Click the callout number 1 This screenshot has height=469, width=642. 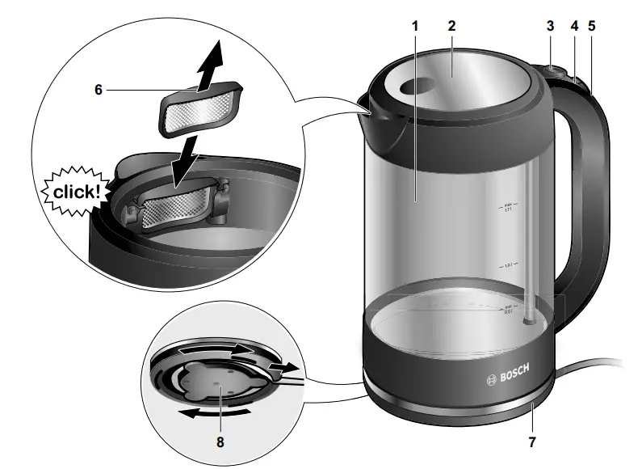click(x=415, y=25)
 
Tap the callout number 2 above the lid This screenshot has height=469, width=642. click(x=452, y=25)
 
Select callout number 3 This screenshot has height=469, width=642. click(x=550, y=25)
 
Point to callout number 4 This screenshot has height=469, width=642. click(x=574, y=25)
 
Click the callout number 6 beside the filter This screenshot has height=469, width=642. click(x=99, y=90)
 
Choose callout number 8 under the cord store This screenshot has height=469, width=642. click(x=220, y=442)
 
